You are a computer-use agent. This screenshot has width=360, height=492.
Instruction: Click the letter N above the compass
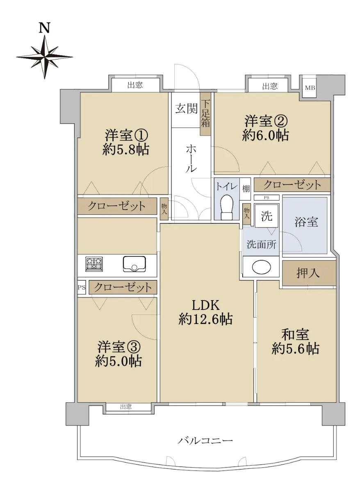coord(44,28)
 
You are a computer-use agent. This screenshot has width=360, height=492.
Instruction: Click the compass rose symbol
coord(45,57)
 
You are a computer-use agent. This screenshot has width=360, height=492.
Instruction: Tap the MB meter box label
coord(310,88)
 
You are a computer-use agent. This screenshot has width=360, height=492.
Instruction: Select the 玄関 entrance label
coord(186,109)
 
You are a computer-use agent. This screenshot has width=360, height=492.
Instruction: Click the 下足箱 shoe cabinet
coord(205,114)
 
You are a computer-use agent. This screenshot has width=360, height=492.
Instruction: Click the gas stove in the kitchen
coord(94,264)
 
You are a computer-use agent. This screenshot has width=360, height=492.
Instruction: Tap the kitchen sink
coord(134,264)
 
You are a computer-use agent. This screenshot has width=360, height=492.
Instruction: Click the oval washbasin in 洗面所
coord(261,267)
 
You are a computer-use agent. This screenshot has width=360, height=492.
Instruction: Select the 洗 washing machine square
coord(267,216)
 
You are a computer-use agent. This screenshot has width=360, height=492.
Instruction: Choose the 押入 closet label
coord(308,273)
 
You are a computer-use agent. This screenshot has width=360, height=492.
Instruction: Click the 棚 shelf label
coord(246,189)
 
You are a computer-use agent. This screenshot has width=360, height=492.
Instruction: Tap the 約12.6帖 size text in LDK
coord(205,319)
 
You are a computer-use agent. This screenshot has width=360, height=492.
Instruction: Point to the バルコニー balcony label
coord(205,439)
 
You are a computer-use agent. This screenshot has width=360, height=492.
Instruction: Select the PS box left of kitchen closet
coord(82,287)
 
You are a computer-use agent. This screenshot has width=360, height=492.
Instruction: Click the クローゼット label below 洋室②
coord(292,185)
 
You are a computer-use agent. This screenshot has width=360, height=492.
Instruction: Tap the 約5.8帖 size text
coord(125,150)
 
